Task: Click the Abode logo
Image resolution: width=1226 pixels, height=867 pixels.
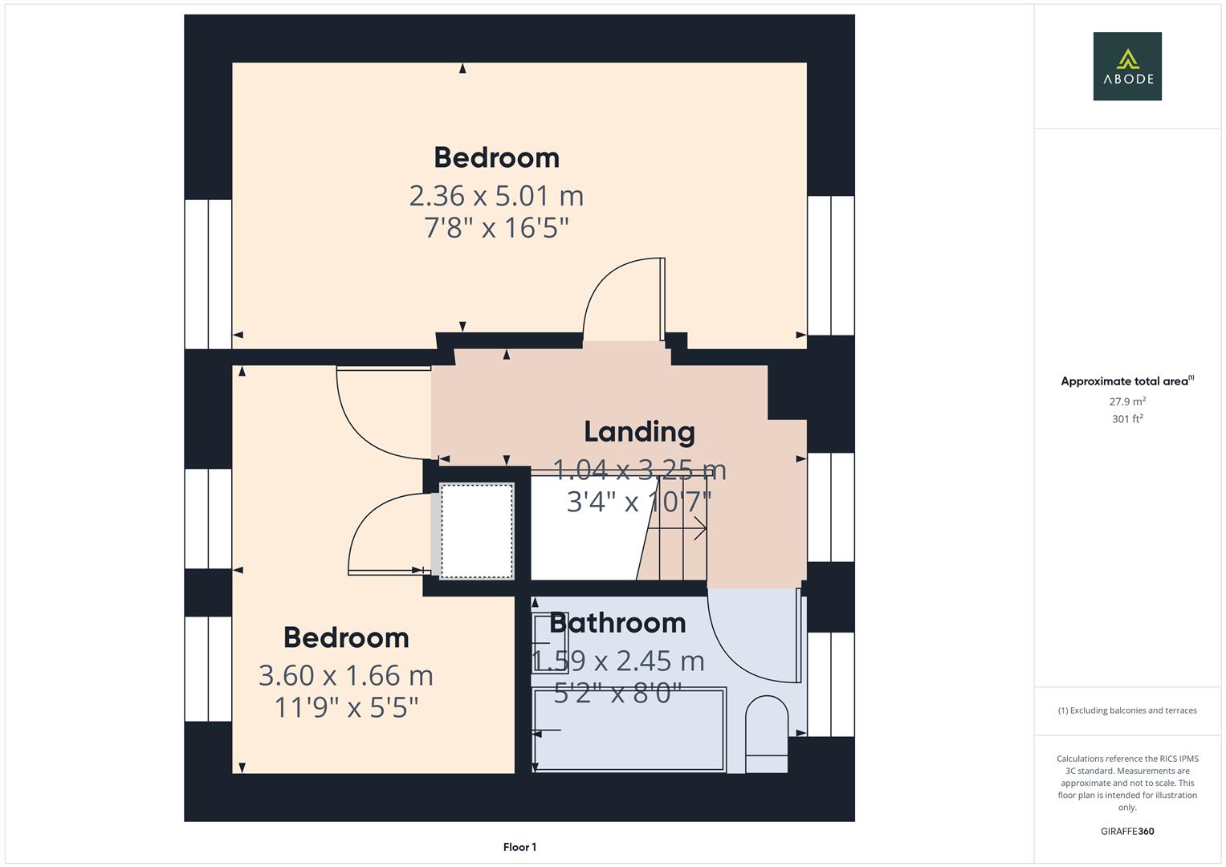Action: point(1126,67)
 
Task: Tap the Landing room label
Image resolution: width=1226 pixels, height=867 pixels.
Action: point(639,432)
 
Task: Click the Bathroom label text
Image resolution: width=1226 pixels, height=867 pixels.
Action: point(617,623)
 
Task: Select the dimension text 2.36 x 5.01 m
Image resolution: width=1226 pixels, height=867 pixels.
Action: point(496,196)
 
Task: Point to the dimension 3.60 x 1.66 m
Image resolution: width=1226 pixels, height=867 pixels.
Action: point(346,676)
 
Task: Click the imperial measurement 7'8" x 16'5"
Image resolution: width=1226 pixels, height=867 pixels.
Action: point(496,228)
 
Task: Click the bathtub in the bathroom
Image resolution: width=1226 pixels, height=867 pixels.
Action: point(629,730)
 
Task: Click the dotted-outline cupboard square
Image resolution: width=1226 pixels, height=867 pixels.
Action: point(476,531)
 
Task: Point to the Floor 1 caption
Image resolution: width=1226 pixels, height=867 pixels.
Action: point(519,847)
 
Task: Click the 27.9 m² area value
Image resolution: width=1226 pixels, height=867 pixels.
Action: point(1126,401)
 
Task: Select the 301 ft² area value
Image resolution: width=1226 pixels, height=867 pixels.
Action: point(1126,419)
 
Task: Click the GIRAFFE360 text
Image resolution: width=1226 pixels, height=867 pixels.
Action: point(1126,831)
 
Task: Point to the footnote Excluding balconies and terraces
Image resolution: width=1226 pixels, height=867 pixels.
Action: point(1126,710)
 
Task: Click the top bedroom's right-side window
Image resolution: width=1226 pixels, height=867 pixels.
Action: point(830,266)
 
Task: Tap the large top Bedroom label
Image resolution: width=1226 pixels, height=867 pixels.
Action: point(496,157)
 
